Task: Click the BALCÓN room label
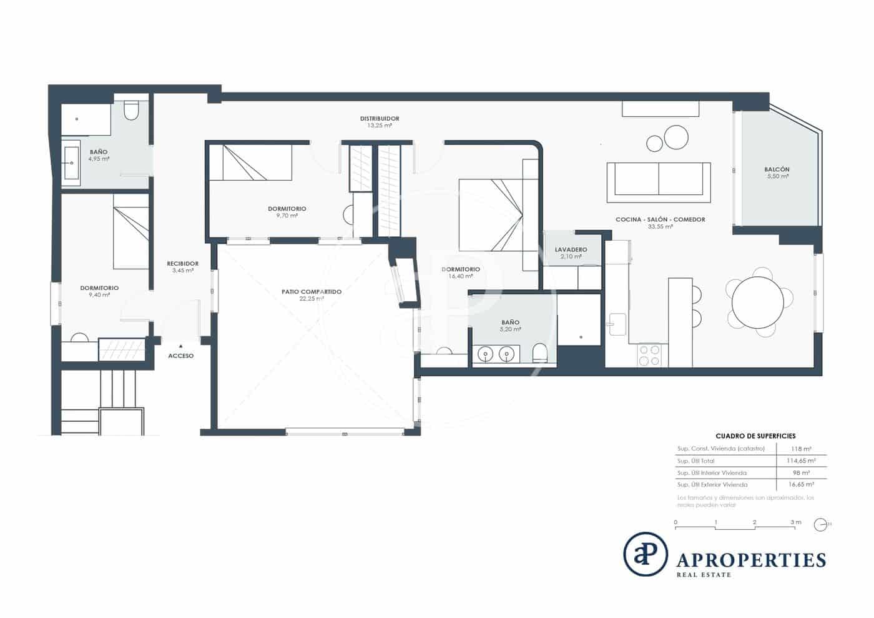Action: [777, 169]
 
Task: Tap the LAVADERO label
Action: [571, 249]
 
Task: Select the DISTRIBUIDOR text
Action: [379, 119]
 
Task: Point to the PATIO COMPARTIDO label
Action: [312, 292]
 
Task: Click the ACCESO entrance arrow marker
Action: [180, 345]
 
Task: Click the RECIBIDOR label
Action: [182, 264]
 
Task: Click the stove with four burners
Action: [650, 356]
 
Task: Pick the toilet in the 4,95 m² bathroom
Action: [131, 111]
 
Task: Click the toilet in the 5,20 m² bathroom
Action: [539, 354]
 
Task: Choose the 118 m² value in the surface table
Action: [802, 449]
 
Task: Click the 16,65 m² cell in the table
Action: [801, 484]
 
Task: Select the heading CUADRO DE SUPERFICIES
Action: [755, 436]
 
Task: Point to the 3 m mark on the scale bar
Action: [795, 522]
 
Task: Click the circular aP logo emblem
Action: [645, 554]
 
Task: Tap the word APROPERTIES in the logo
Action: [751, 559]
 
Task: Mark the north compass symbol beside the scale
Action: [820, 525]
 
